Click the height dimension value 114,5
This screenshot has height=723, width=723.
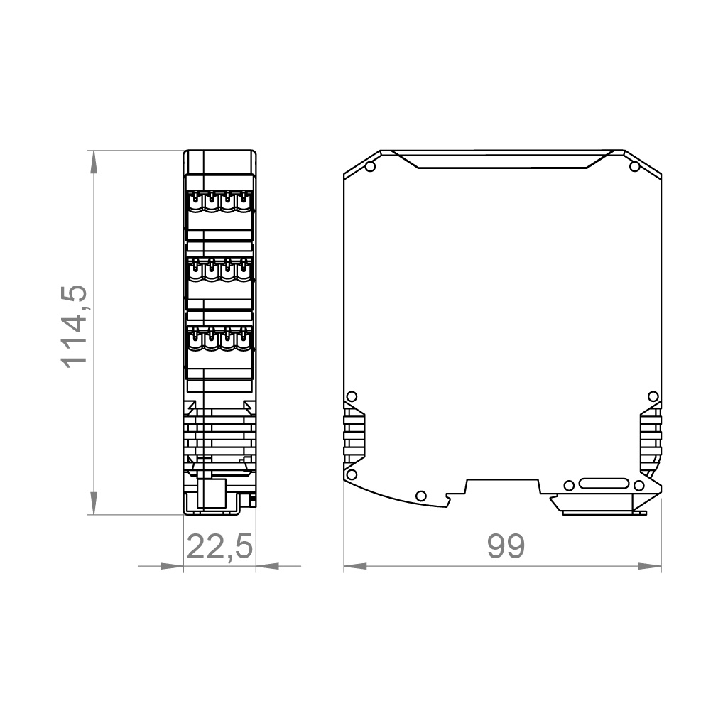point(75,325)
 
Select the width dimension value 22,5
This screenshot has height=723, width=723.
point(219,547)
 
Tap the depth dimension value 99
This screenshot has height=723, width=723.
point(506,547)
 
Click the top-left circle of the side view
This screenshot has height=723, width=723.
point(369,167)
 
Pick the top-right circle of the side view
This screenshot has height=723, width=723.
point(634,167)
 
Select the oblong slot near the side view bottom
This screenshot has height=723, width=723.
point(603,485)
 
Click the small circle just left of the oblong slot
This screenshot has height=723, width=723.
point(568,485)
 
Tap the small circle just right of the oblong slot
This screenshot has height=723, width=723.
point(638,485)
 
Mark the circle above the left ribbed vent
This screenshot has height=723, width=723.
point(351,396)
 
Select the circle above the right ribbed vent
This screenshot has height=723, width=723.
point(653,396)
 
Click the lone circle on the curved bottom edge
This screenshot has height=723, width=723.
point(420,495)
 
